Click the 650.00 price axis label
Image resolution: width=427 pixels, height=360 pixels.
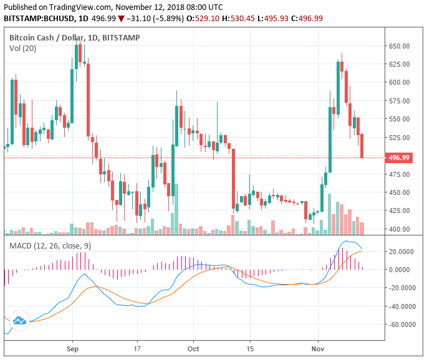point(400,46)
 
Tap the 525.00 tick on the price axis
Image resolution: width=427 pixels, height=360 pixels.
point(400,138)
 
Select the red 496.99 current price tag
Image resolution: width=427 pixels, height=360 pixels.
point(399,158)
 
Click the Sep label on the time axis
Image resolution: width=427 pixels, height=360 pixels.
point(72,349)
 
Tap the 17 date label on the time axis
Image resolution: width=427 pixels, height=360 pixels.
point(137,349)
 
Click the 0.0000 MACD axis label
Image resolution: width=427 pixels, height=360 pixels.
point(403,270)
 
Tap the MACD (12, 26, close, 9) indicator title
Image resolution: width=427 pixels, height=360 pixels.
point(50,246)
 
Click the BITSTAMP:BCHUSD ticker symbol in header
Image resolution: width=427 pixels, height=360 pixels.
point(36,19)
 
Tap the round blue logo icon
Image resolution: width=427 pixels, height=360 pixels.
point(19,320)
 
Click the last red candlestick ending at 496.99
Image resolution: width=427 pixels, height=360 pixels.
point(362,146)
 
